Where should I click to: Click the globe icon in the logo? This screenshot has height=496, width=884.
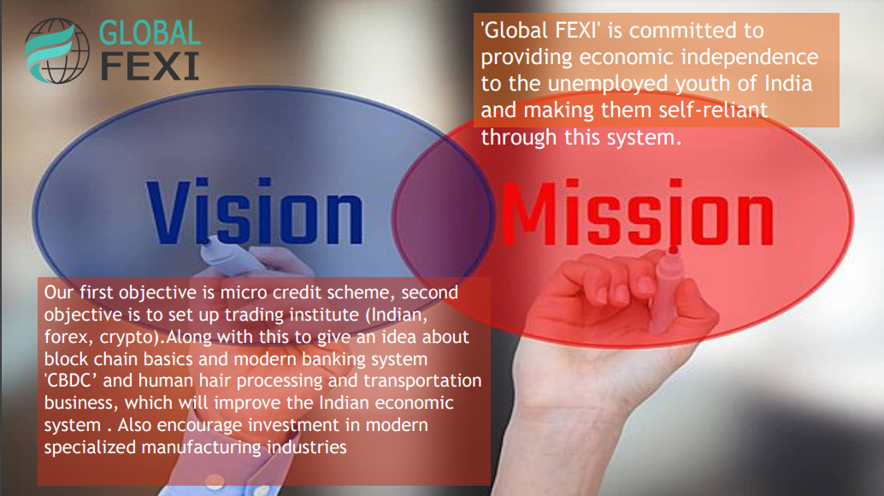57,50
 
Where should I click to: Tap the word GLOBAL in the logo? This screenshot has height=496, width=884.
150,33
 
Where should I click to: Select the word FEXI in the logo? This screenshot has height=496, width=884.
150,67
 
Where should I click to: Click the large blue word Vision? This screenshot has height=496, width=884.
255,211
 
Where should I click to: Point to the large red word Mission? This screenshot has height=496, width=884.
638,213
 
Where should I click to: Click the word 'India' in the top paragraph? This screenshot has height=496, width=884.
788,84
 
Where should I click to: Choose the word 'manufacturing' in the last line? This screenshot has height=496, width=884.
201,447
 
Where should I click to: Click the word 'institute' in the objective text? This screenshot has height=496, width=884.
327,315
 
